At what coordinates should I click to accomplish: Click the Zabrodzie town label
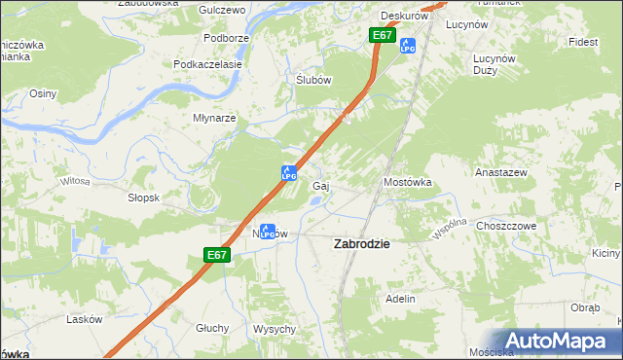click(x=362, y=244)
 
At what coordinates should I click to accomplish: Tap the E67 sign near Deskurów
click(x=382, y=35)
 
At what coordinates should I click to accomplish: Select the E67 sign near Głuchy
click(x=217, y=255)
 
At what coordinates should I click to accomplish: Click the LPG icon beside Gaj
click(x=289, y=172)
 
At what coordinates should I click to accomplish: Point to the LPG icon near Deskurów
click(x=409, y=45)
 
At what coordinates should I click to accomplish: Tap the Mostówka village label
click(x=407, y=182)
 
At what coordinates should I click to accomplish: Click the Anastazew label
click(x=500, y=171)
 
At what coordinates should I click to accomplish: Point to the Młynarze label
click(x=214, y=118)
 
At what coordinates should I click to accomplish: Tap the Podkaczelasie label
click(x=207, y=64)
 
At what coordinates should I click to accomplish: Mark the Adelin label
click(x=401, y=299)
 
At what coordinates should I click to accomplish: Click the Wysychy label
click(x=275, y=329)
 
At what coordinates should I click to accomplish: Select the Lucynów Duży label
click(x=493, y=64)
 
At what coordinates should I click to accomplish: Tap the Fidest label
click(x=584, y=43)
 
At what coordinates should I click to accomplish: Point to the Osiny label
click(x=44, y=93)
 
